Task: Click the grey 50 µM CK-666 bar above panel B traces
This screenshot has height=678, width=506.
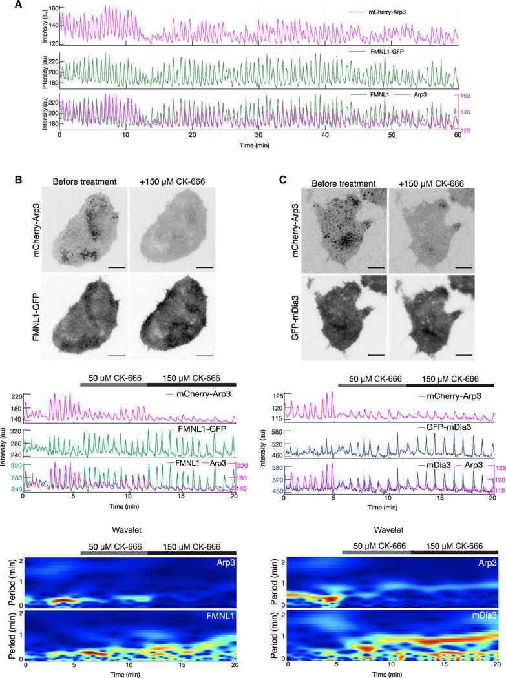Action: pos(114,383)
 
